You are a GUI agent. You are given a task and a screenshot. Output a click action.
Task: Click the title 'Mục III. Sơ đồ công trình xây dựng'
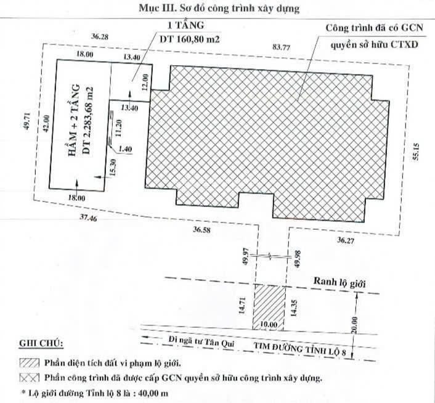coord(219,9)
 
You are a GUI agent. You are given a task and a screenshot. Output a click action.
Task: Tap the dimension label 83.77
coord(282,47)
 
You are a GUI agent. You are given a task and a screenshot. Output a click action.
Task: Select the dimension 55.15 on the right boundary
coord(416,152)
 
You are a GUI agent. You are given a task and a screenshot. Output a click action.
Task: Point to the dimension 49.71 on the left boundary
coord(26,123)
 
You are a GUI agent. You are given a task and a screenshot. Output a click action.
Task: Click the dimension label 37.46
coord(89,218)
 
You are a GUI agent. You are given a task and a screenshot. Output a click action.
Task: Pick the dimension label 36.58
coord(201,230)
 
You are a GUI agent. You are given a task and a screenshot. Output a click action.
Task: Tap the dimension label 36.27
coord(346,240)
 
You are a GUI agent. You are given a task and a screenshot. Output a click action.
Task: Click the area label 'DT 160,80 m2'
coord(190,39)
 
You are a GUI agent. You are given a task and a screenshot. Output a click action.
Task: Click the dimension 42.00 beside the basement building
coord(46,123)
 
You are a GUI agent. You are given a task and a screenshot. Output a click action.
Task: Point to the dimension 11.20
coord(119,128)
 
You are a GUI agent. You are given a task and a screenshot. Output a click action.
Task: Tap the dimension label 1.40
coord(125,149)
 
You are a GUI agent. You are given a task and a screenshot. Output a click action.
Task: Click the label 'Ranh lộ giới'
coord(339,283)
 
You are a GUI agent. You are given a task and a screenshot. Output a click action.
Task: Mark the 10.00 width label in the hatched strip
coord(269,324)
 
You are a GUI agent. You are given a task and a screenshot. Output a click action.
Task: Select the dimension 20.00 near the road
coord(356,325)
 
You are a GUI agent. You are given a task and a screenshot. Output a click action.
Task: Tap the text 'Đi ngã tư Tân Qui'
coord(201,342)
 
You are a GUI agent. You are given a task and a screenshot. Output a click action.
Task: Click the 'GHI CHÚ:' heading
coord(41,343)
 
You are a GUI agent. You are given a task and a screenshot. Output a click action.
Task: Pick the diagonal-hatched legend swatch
coord(30,363)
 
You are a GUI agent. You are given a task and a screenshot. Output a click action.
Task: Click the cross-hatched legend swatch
coord(30,378)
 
